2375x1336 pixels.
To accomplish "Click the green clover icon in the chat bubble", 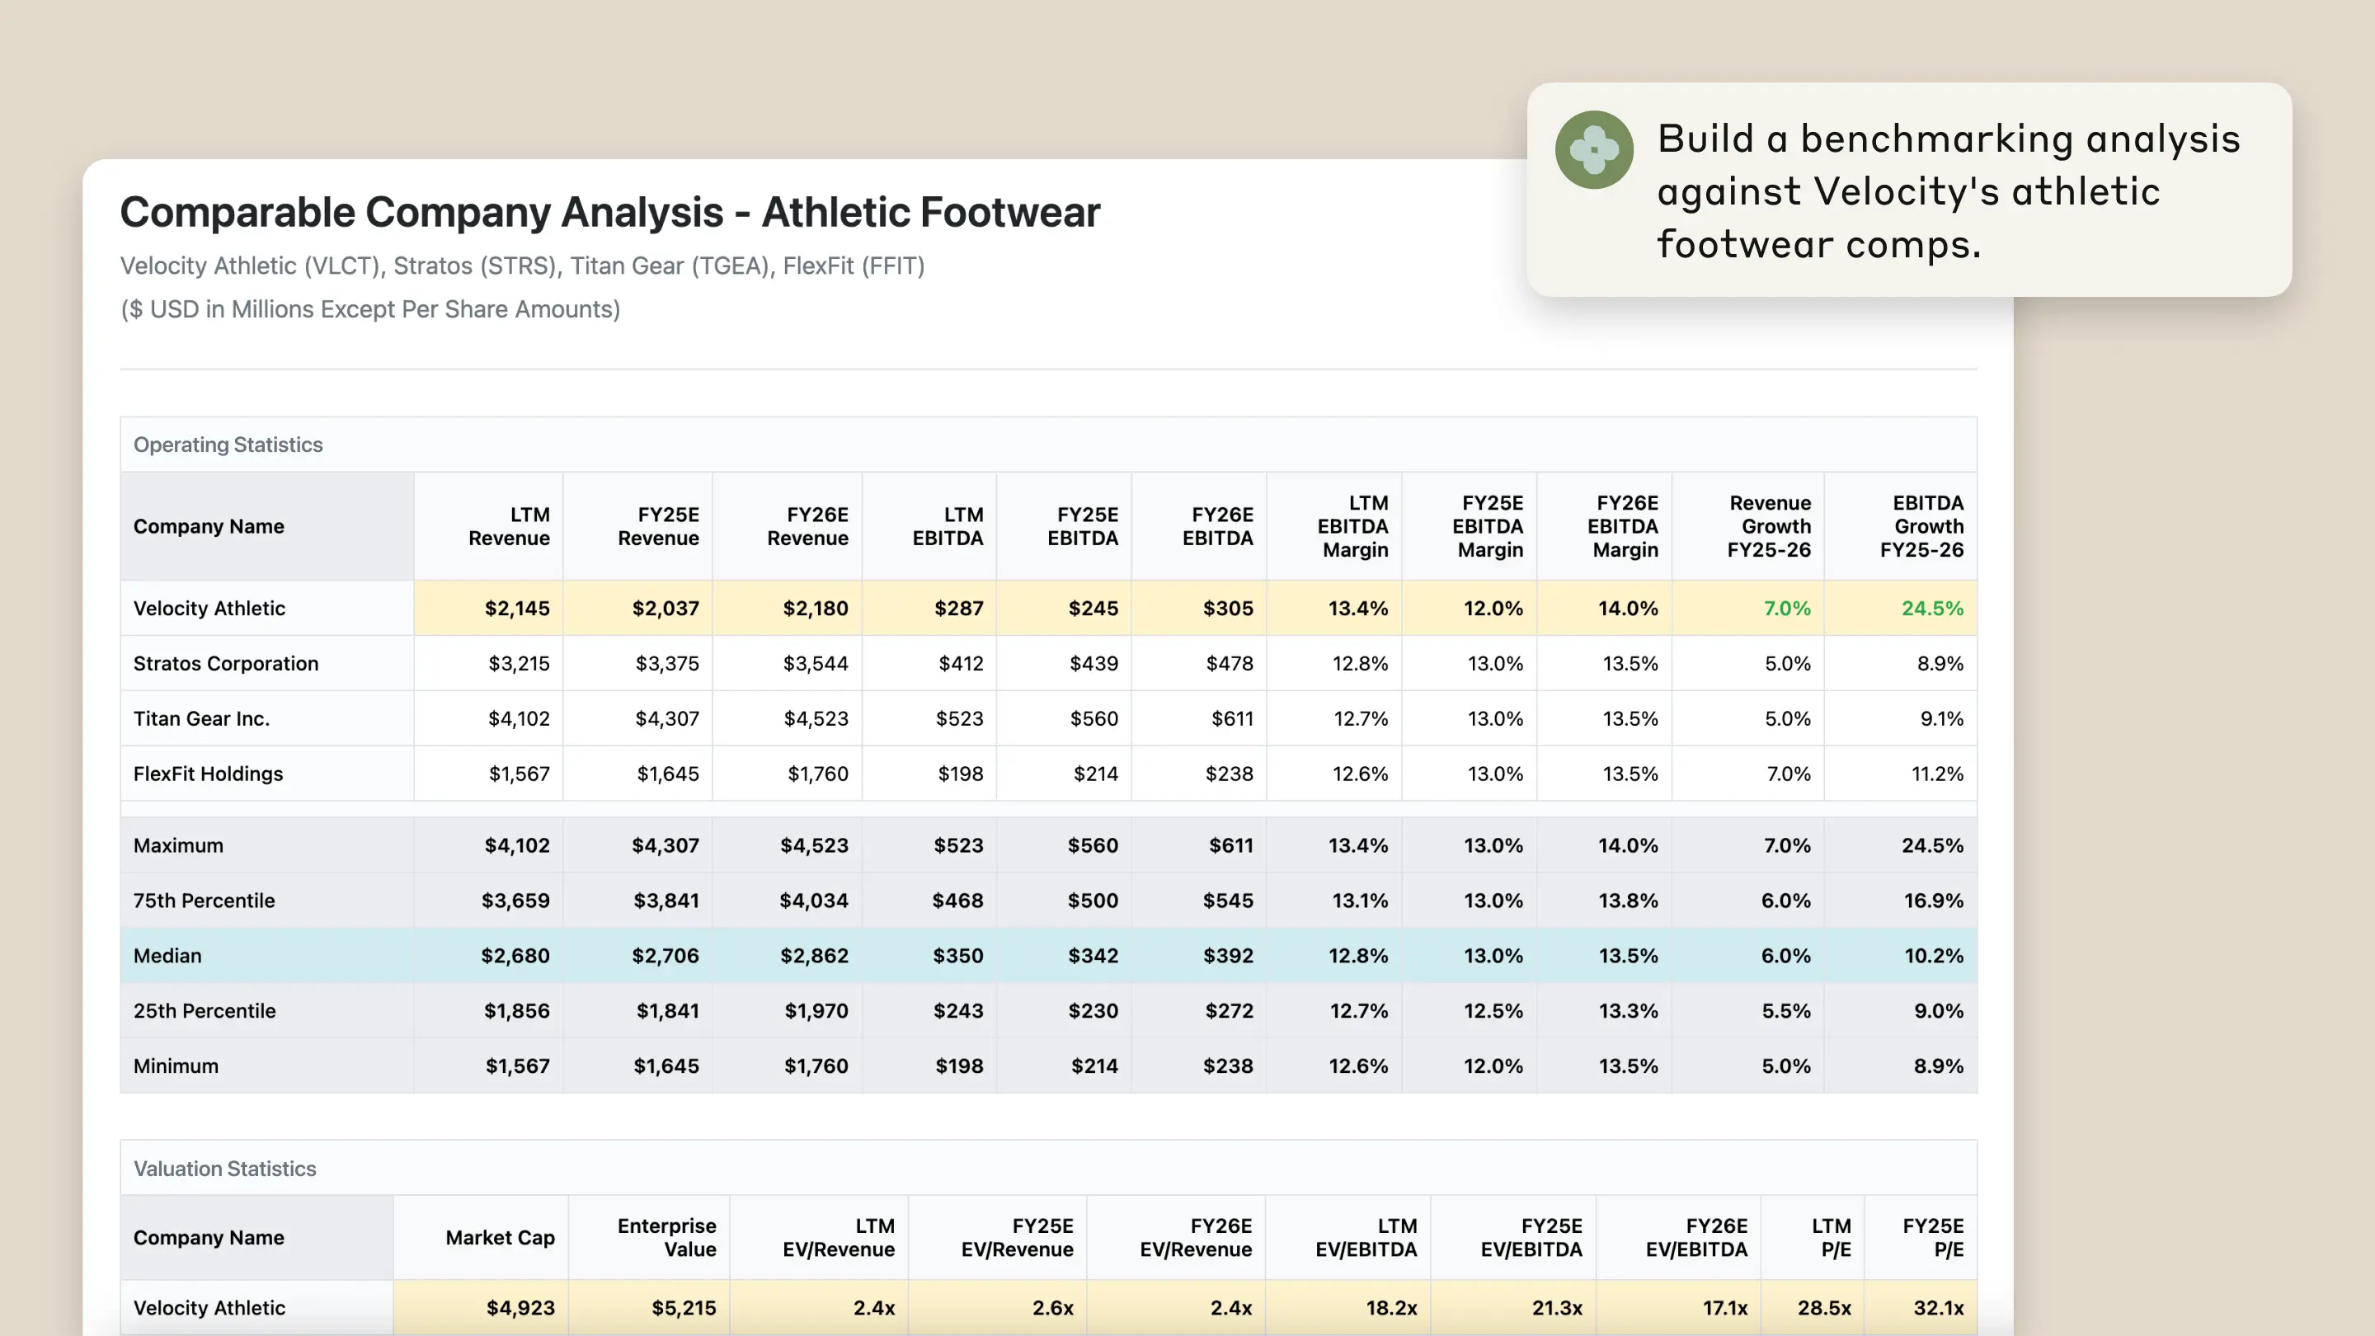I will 1593,149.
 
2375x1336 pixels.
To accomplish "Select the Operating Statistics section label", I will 228,445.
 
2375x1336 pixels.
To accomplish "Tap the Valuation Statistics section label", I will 224,1169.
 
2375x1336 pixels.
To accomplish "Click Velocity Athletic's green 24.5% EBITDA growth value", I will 1931,609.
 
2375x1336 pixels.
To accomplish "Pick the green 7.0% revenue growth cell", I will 1786,609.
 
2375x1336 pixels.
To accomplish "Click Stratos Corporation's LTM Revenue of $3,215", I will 518,664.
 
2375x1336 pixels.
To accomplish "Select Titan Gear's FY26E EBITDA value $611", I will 1232,718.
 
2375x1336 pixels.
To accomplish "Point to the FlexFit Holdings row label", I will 208,774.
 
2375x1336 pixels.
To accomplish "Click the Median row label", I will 167,955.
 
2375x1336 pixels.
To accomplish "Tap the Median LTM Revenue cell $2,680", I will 515,955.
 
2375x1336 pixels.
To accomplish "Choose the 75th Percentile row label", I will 204,901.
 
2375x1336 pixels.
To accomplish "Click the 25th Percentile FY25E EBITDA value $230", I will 1093,1010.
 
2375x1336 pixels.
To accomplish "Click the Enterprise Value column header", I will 665,1237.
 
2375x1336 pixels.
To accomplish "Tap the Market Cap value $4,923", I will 520,1307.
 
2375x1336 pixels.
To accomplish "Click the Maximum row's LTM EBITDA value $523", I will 958,845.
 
